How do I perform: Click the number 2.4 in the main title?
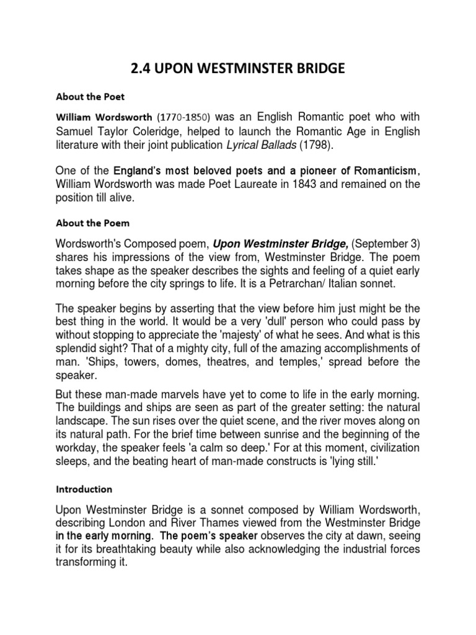pyautogui.click(x=143, y=69)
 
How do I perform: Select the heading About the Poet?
pyautogui.click(x=90, y=97)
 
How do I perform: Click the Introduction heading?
pyautogui.click(x=84, y=489)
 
